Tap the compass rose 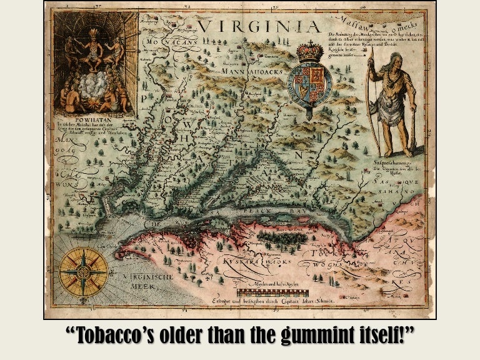[83, 272]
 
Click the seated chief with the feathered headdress [93, 41]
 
